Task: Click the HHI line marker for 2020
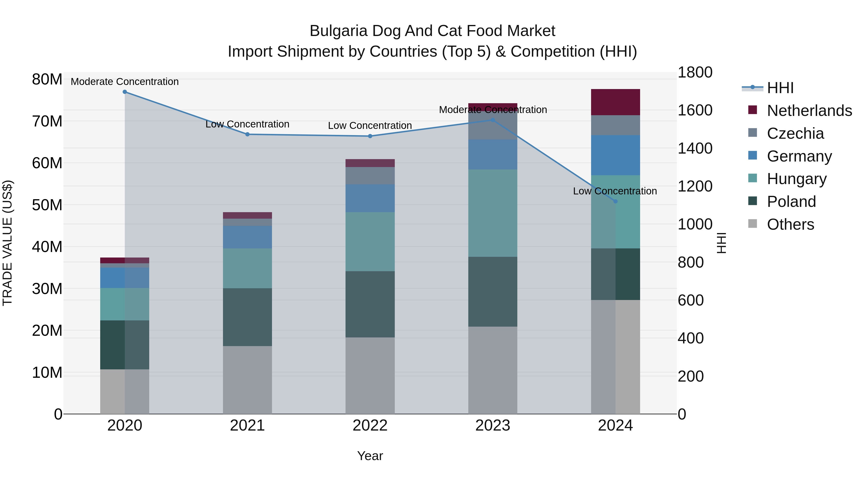click(124, 92)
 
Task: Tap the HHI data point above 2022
click(370, 136)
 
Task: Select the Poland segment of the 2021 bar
click(247, 317)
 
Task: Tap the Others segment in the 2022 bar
click(370, 376)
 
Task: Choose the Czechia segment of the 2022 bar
click(370, 176)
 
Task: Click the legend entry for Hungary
click(797, 179)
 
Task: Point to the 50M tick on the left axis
click(47, 205)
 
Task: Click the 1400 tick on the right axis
click(695, 148)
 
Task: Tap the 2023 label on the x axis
click(493, 426)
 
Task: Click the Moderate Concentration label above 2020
click(124, 82)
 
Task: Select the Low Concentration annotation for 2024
click(615, 191)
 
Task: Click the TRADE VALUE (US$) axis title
click(7, 243)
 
